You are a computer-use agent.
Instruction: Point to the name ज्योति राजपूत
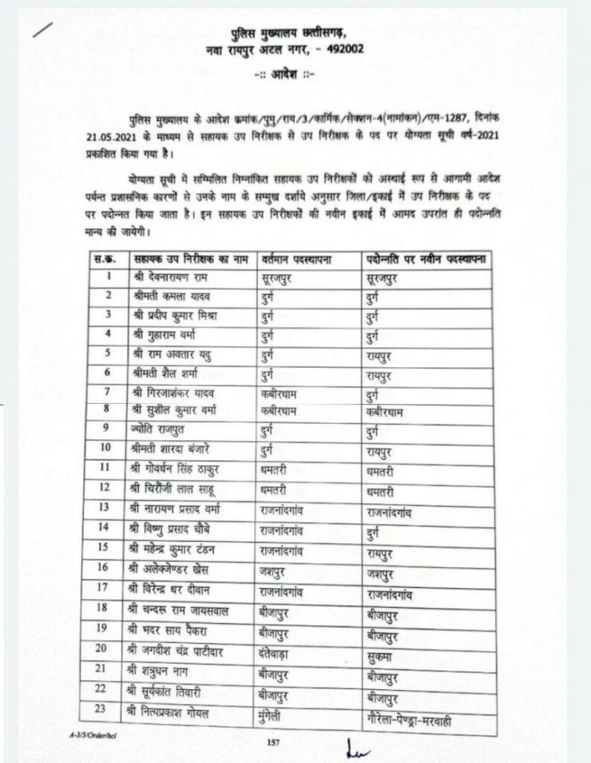[165, 430]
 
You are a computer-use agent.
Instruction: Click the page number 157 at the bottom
[272, 741]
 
